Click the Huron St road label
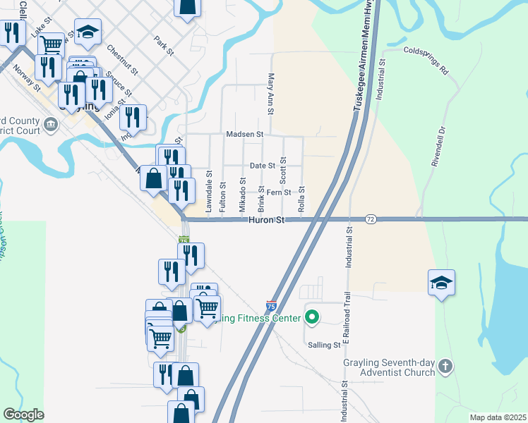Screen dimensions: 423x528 [265, 220]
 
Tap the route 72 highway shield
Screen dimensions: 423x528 [371, 220]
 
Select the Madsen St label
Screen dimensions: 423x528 [244, 134]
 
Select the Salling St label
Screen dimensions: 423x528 [324, 344]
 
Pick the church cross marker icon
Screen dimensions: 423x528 [445, 366]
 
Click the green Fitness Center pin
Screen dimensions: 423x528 [311, 317]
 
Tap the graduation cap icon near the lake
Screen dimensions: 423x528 [441, 283]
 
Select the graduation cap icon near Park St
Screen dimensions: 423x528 [88, 32]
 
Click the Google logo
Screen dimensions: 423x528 [23, 415]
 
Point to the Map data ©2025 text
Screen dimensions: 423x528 [497, 417]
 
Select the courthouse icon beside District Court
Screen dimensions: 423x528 [51, 125]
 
